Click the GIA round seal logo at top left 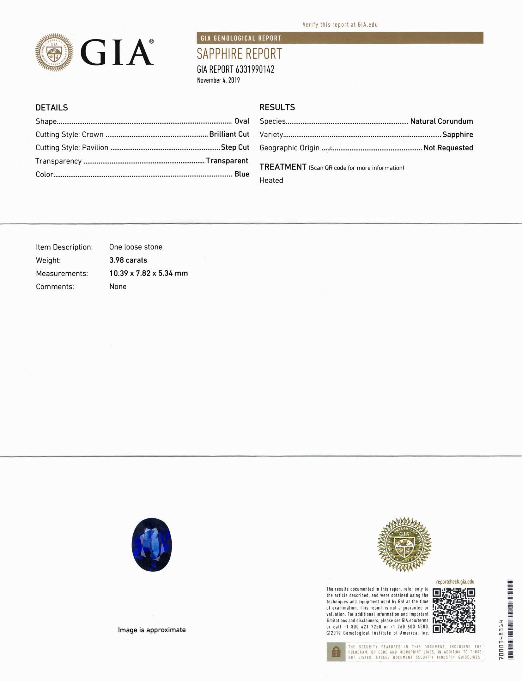pos(54,52)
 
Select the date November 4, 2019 pos(218,80)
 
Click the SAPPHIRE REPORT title pos(239,54)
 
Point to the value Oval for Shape pos(242,121)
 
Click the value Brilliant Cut pos(229,134)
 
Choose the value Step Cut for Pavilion pos(235,147)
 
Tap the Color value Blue pos(242,174)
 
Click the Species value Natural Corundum pos(441,121)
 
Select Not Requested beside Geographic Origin pos(448,148)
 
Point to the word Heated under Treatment pos(271,180)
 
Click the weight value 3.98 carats pos(128,260)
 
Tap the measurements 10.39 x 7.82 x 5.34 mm pos(149,273)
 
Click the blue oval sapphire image pos(152,544)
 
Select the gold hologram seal pos(404,544)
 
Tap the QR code pos(454,610)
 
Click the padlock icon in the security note pos(336,652)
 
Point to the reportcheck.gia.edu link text pos(455,582)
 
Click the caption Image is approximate pos(152,630)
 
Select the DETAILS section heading pos(52,108)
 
